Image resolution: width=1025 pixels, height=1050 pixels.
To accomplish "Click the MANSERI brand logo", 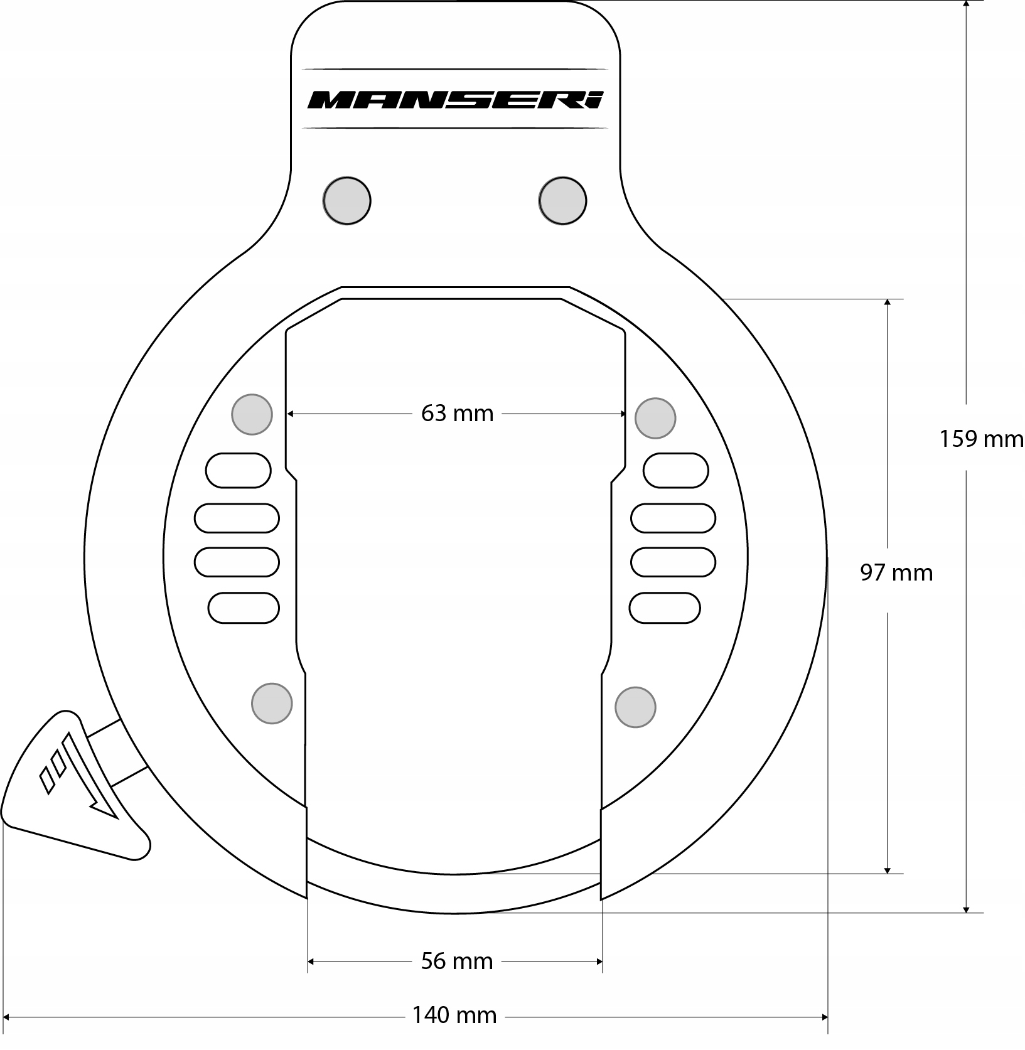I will tap(455, 99).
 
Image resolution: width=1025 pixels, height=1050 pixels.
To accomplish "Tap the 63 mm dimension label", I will tap(457, 414).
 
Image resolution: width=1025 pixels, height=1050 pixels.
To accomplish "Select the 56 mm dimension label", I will tap(456, 961).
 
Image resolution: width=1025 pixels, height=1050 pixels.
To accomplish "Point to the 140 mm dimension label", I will tap(454, 1015).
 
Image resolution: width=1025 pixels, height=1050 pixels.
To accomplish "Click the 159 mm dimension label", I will tap(980, 439).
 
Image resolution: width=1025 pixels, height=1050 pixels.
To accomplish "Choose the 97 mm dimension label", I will tap(896, 572).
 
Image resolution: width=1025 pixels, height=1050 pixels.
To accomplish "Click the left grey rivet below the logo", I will tap(346, 201).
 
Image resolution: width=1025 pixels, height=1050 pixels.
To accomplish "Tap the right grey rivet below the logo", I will tap(562, 201).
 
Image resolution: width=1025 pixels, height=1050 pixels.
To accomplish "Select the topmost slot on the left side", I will tap(239, 470).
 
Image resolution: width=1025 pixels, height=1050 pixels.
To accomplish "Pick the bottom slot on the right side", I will tap(665, 608).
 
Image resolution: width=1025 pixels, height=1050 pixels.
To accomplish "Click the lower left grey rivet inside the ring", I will tap(272, 704).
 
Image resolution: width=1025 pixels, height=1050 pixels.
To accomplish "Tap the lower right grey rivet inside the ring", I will tap(635, 707).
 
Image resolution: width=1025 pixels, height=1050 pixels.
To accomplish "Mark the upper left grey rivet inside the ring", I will tap(252, 414).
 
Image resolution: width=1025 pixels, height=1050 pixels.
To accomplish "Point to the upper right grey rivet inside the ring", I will tap(655, 418).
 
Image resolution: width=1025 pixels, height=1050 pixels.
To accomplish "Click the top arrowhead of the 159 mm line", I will tap(966, 5).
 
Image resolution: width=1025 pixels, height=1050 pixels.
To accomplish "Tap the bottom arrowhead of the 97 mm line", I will tap(887, 869).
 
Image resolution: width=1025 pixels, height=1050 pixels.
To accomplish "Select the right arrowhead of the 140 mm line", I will tap(824, 1017).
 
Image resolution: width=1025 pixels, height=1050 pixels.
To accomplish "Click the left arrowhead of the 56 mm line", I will tap(311, 961).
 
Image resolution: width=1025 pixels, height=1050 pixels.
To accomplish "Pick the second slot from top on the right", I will tap(673, 518).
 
